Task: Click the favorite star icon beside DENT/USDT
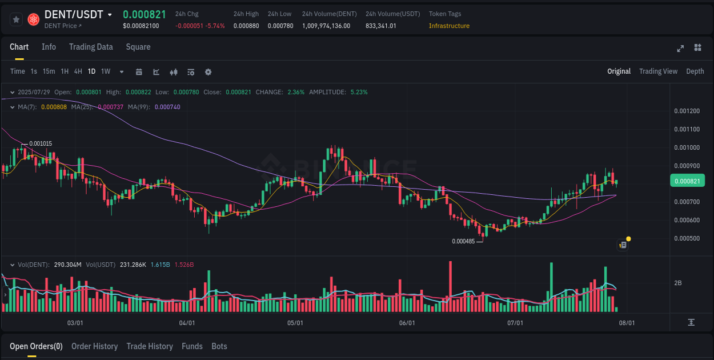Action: [x=16, y=19]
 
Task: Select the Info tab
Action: [x=49, y=47]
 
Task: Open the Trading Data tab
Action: [x=91, y=47]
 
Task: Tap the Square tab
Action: [x=138, y=47]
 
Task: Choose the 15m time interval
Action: [x=49, y=71]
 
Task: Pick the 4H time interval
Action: [x=78, y=71]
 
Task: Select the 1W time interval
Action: [x=106, y=71]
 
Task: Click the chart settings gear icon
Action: [x=208, y=72]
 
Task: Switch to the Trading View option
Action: [x=658, y=71]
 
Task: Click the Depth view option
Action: [x=695, y=71]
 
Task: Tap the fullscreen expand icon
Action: [x=680, y=48]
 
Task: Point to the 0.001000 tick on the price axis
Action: [x=687, y=147]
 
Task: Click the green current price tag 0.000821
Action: [x=687, y=181]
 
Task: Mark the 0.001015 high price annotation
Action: [x=41, y=143]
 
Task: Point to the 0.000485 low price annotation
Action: [x=463, y=241]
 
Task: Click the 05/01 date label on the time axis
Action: [x=295, y=323]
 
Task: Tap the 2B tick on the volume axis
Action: [x=678, y=283]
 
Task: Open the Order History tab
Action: [x=94, y=346]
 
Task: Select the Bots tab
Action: [x=219, y=346]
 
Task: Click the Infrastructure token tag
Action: [x=449, y=26]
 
